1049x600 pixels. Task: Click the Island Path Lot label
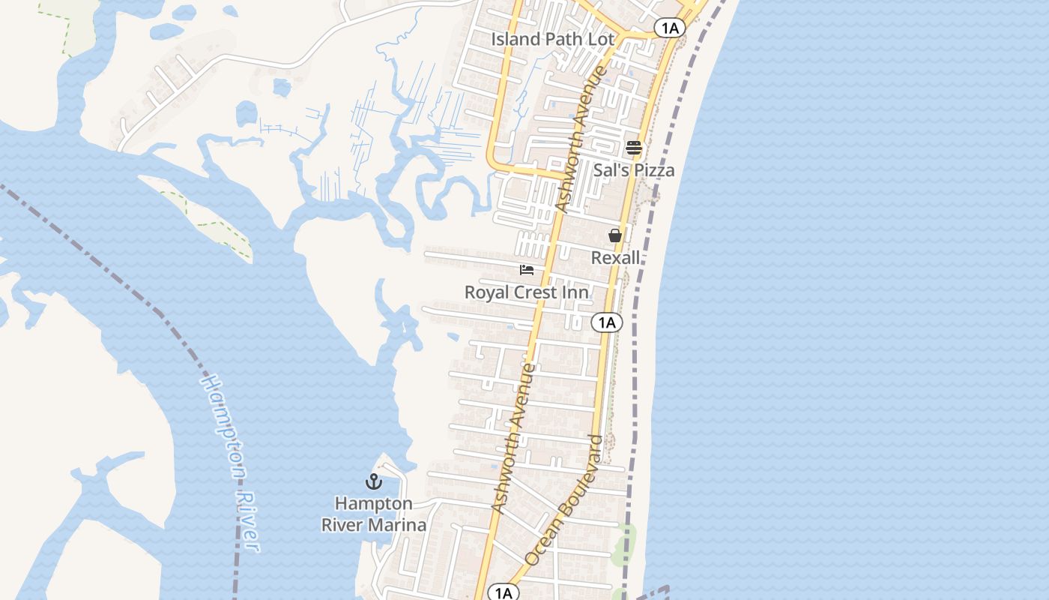(x=553, y=39)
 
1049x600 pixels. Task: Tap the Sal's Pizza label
(x=634, y=170)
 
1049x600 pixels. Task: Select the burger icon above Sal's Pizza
(x=634, y=148)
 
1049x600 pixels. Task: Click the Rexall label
(x=616, y=258)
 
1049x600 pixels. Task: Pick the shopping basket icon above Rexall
(x=615, y=235)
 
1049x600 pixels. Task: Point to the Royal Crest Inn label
(x=527, y=292)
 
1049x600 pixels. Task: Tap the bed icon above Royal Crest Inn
(x=527, y=269)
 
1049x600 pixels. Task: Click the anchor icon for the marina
(x=373, y=481)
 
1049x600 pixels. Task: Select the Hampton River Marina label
(x=374, y=514)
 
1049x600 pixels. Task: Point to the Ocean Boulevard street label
(x=565, y=501)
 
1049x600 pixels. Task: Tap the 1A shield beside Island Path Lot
(x=670, y=28)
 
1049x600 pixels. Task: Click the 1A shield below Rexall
(x=607, y=323)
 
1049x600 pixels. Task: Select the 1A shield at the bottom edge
(x=504, y=593)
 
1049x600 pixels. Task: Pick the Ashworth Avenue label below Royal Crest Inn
(x=514, y=438)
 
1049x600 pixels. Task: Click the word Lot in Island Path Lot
(x=602, y=39)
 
